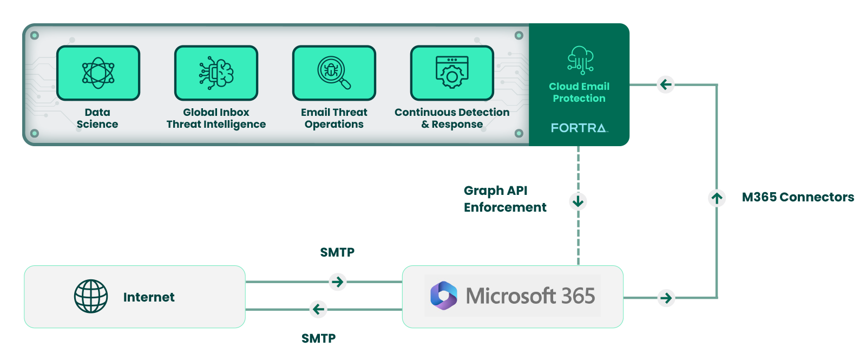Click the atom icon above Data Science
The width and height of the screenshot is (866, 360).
[98, 73]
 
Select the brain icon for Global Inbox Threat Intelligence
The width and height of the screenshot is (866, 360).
[216, 73]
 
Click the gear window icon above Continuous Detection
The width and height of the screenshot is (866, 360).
[452, 73]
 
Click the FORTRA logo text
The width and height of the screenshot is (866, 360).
[579, 128]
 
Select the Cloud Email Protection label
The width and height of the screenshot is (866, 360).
[579, 93]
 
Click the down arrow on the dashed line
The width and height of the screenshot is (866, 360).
[578, 202]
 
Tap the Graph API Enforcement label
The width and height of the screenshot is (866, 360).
[504, 199]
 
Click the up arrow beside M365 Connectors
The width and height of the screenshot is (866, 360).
[717, 198]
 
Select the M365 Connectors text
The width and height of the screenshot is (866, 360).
[797, 197]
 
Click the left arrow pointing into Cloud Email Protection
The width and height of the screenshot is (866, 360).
[666, 84]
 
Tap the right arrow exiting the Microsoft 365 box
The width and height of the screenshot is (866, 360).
[666, 298]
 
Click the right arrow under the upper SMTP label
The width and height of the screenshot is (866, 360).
[338, 282]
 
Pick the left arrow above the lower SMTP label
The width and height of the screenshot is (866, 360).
[318, 309]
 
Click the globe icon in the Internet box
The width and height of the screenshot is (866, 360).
[91, 296]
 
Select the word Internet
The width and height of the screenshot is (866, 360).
[149, 297]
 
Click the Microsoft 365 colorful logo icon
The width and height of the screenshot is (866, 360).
[444, 296]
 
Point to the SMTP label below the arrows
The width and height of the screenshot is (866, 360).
[318, 338]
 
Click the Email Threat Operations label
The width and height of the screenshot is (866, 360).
[334, 118]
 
